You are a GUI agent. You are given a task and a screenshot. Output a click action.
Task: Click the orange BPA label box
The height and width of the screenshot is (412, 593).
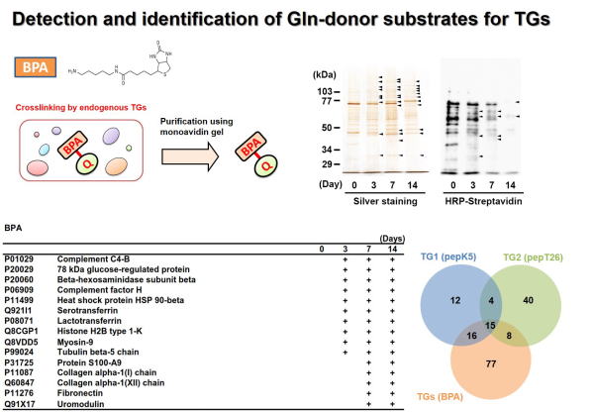(36, 67)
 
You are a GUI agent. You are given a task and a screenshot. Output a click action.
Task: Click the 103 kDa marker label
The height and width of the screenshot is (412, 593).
(325, 91)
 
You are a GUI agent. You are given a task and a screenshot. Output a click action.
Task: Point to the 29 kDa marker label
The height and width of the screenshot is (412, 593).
(327, 164)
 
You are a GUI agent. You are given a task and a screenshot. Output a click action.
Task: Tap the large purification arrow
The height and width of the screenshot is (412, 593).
(190, 156)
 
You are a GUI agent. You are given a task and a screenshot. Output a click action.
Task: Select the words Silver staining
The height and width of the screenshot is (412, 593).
(385, 201)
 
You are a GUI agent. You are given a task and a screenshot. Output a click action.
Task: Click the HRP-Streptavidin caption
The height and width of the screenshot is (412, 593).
(483, 201)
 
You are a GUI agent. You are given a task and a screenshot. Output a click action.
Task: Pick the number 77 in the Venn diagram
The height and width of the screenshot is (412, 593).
(490, 363)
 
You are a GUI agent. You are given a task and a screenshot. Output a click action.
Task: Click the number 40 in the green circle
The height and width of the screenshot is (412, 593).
(528, 300)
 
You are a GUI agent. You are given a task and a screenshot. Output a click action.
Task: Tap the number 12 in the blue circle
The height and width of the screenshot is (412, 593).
(455, 300)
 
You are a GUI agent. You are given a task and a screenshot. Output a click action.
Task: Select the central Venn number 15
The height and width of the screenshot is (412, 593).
(490, 326)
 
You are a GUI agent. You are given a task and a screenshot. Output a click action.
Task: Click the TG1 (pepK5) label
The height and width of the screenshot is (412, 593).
(448, 257)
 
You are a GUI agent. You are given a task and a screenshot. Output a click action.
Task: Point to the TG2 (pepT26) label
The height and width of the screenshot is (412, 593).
(533, 257)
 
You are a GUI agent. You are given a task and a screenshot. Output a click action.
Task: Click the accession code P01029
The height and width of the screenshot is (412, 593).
(19, 259)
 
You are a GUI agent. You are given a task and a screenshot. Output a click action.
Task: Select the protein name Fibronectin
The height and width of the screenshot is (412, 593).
(80, 393)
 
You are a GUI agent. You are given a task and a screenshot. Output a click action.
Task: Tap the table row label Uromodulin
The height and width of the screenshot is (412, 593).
(80, 404)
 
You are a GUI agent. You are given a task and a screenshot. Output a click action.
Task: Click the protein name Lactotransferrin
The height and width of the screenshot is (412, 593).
(89, 321)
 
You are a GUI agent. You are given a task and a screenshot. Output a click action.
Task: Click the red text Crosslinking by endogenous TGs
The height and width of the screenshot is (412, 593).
(81, 107)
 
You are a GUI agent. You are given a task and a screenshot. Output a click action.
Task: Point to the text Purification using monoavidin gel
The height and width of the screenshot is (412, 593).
(196, 127)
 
